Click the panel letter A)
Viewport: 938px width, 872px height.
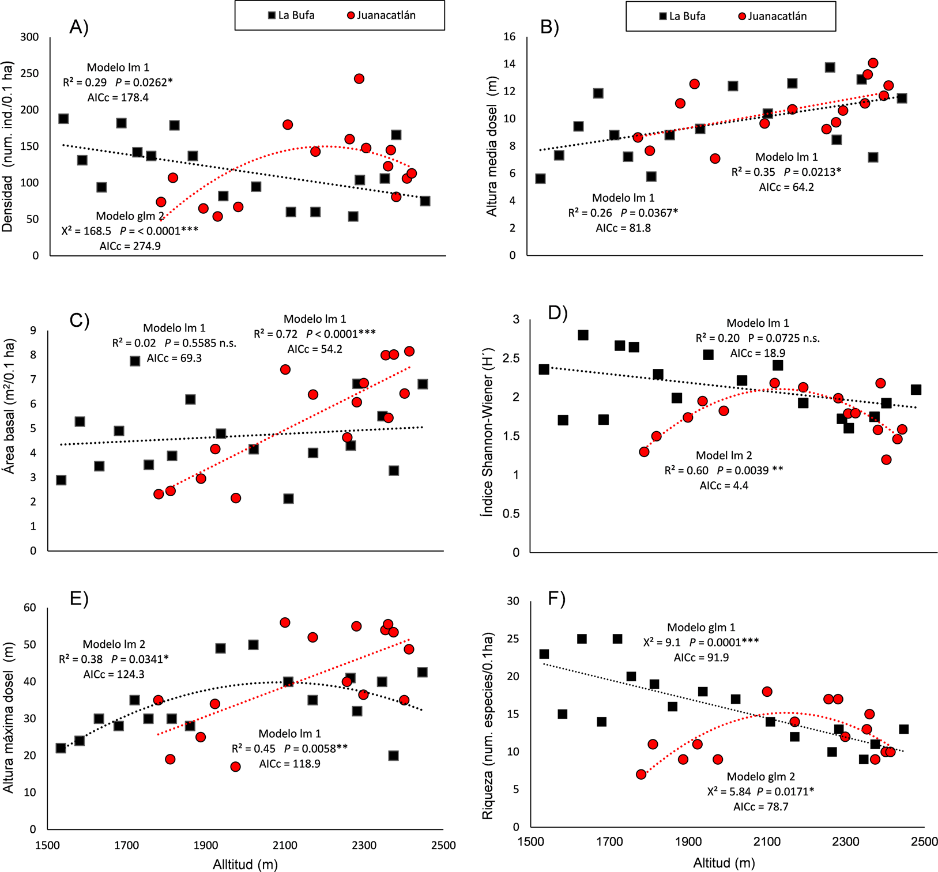(x=79, y=27)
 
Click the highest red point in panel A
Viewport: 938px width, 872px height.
(x=359, y=78)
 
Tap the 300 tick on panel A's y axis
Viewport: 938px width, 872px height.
(x=29, y=37)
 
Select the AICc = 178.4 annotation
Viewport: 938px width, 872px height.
(x=118, y=97)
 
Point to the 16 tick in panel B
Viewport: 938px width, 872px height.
(x=509, y=37)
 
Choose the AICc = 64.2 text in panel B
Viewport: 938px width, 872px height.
(x=786, y=187)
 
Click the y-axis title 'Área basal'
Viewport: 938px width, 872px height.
(x=9, y=407)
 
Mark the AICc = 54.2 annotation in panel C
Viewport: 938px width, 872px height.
(x=315, y=349)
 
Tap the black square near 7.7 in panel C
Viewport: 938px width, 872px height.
(x=135, y=361)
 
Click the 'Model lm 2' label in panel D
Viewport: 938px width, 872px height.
(x=724, y=455)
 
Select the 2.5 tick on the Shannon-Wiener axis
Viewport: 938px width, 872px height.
(x=512, y=358)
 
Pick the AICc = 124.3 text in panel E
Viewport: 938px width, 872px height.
(x=114, y=674)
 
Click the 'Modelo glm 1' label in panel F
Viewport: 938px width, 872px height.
(x=701, y=627)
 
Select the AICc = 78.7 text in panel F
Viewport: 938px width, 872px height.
(x=761, y=806)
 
